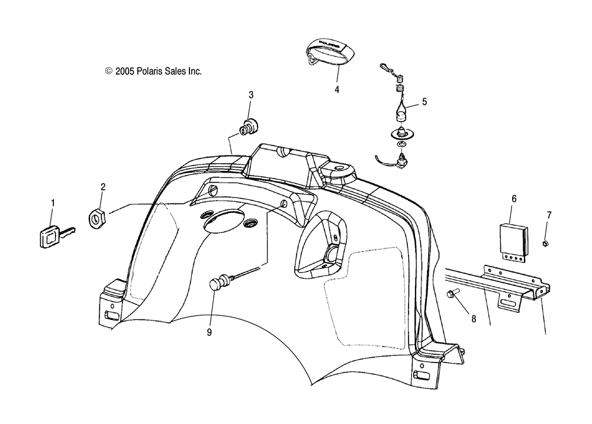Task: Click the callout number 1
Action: coord(52,203)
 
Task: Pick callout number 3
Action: coord(250,95)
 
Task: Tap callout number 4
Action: coord(337,90)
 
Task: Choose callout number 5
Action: coord(424,102)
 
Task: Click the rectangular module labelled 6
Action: coord(512,237)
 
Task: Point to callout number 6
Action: coord(514,199)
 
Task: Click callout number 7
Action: coord(549,214)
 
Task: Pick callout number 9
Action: coord(209,332)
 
